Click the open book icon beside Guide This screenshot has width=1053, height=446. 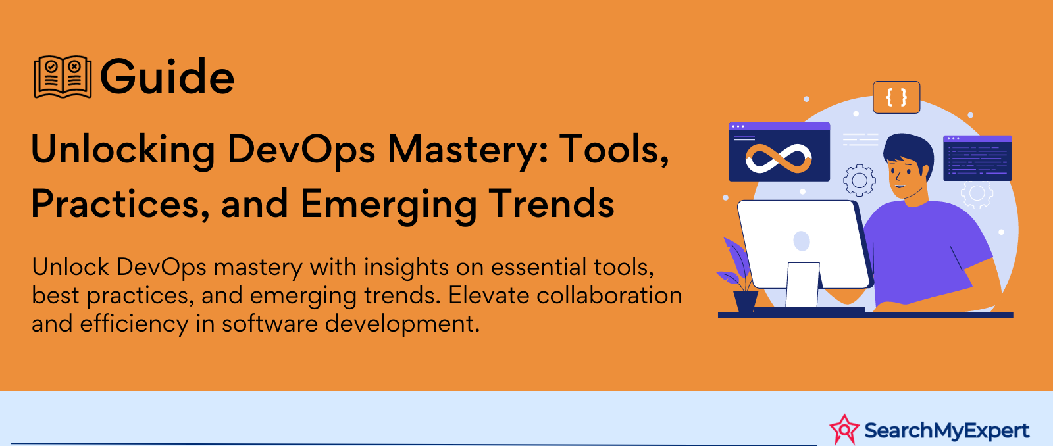(x=63, y=77)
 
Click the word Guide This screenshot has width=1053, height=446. (x=167, y=76)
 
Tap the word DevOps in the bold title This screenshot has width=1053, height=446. (x=301, y=149)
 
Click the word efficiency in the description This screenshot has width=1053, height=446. (x=134, y=324)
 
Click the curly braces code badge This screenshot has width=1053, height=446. (x=896, y=97)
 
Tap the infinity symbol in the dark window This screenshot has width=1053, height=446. (x=779, y=159)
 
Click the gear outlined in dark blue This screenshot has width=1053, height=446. (x=860, y=180)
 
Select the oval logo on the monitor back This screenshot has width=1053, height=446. (x=802, y=241)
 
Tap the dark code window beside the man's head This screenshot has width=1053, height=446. (x=977, y=158)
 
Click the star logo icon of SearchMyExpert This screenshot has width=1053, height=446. (x=844, y=430)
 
